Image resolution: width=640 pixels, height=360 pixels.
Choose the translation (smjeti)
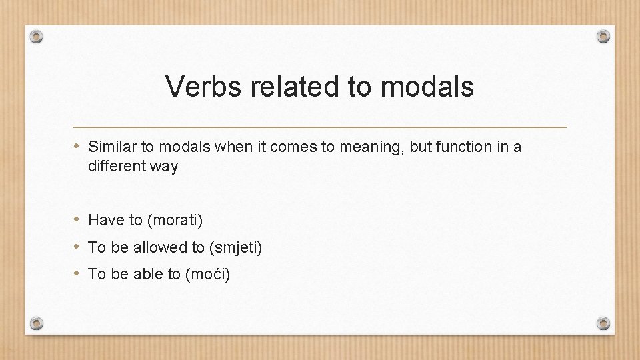click(236, 248)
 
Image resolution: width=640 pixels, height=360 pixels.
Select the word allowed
click(161, 247)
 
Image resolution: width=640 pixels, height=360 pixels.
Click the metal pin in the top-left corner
click(37, 37)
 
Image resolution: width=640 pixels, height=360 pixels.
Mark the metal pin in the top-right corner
click(603, 36)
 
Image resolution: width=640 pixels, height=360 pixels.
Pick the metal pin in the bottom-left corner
click(37, 323)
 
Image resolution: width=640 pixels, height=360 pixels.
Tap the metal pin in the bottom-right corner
click(603, 323)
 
